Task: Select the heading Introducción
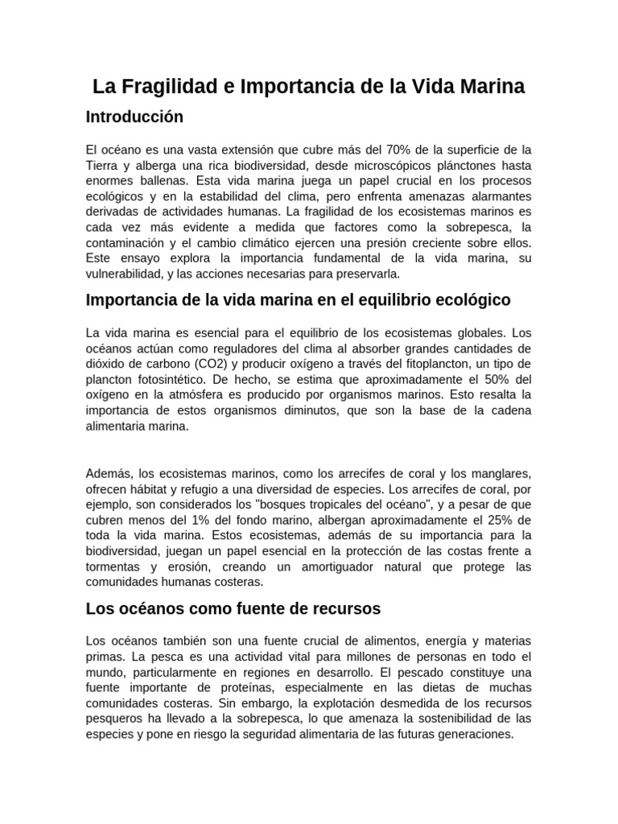[x=134, y=117]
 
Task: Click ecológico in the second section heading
[x=469, y=300]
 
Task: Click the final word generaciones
[x=474, y=734]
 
